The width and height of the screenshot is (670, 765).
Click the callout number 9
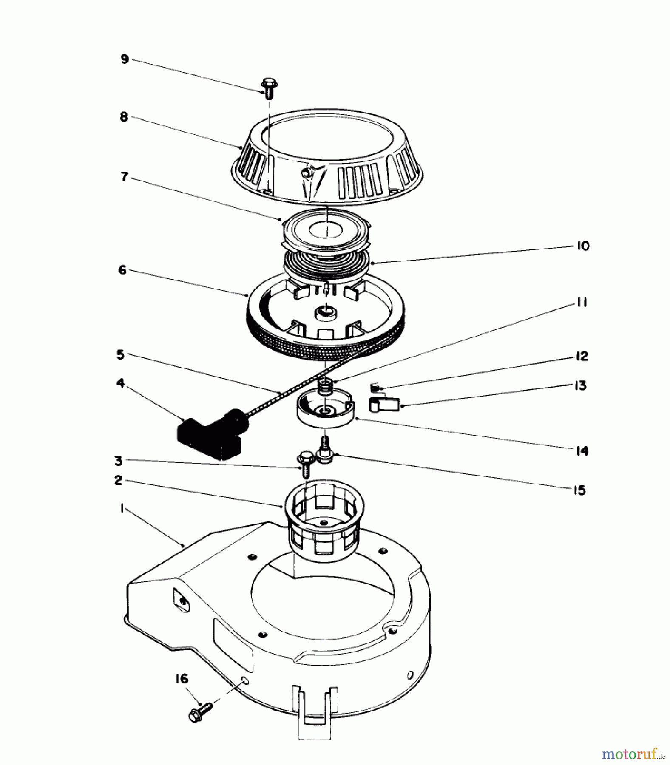(x=124, y=59)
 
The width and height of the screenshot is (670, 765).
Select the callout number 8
(x=124, y=117)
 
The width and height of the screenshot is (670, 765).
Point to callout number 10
(x=583, y=246)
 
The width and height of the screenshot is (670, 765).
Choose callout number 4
(x=121, y=383)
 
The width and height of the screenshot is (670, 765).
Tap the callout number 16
(x=182, y=679)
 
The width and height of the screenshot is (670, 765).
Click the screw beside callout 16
(x=200, y=708)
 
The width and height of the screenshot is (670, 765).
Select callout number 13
(x=580, y=385)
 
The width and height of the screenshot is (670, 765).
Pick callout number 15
(x=579, y=490)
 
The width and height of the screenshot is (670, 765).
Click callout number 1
(x=122, y=508)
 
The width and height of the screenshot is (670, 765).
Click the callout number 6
(x=122, y=270)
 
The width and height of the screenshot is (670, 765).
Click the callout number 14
(x=582, y=451)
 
